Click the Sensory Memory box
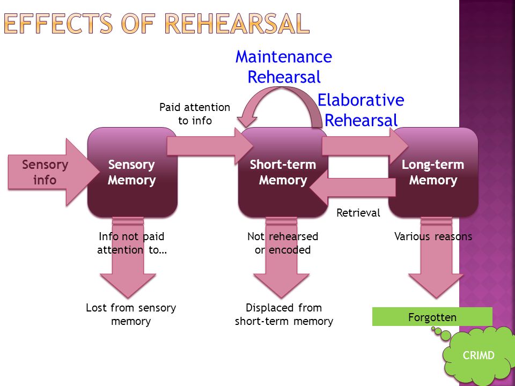133,172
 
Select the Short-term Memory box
283,172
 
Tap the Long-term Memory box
433,172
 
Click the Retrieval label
358,213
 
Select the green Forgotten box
432,317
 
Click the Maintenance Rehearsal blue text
284,67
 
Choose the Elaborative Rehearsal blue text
360,110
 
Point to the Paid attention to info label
195,114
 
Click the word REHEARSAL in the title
237,24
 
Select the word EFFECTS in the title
58,24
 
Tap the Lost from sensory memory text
131,315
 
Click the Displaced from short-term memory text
284,315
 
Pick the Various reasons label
433,236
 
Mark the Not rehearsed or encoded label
283,243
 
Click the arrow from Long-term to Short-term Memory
352,188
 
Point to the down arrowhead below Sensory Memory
128,286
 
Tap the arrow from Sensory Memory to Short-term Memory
210,146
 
